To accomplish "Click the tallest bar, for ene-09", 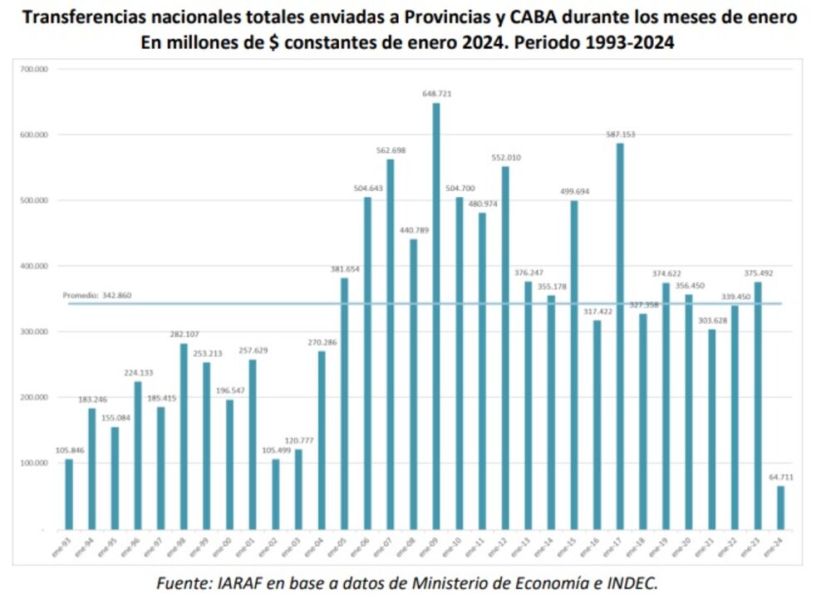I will point(436,316).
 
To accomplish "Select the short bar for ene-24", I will point(780,507).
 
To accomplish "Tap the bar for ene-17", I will point(620,336).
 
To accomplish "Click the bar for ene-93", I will point(69,494).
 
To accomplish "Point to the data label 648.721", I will point(436,95).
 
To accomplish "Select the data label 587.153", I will point(620,135).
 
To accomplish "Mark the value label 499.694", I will point(574,192).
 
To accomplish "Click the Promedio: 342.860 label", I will point(97,295).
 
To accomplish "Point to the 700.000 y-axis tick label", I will point(34,70).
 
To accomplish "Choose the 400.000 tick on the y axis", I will point(34,266).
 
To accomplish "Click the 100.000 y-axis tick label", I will point(34,463).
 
